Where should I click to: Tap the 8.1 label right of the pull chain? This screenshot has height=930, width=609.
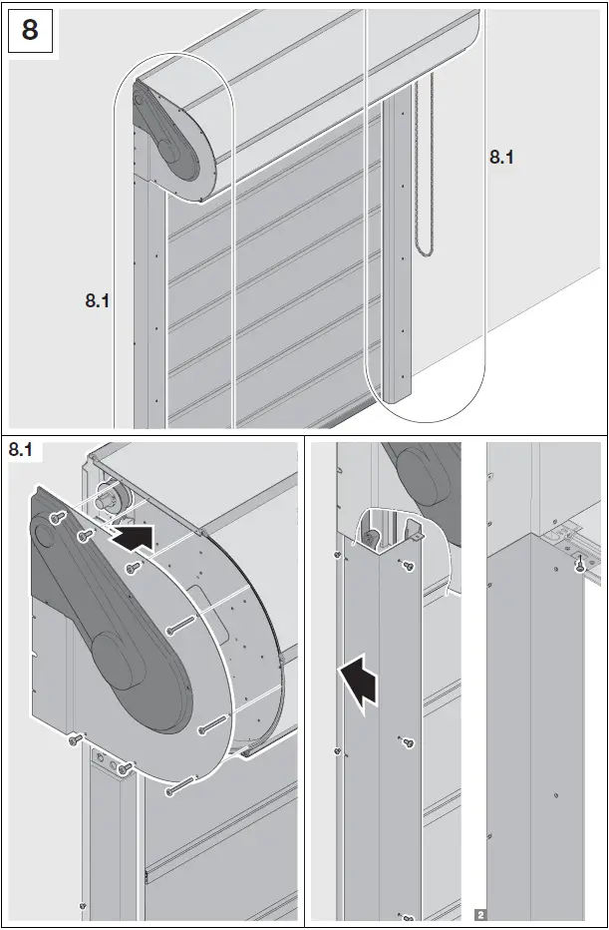[501, 156]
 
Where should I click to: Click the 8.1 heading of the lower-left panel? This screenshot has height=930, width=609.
[21, 450]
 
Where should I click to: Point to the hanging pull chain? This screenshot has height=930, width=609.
[429, 170]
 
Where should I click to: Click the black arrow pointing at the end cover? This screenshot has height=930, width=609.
[136, 540]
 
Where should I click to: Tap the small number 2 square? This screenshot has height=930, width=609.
[480, 913]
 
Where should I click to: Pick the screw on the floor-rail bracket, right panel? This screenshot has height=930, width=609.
[578, 566]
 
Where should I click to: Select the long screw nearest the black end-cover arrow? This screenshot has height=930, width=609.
[133, 568]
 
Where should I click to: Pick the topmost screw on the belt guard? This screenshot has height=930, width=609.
[58, 517]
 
